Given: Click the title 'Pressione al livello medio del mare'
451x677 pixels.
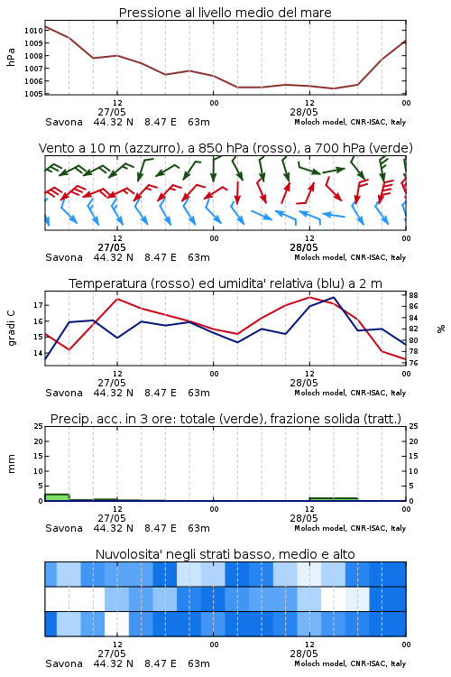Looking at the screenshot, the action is coord(225,13).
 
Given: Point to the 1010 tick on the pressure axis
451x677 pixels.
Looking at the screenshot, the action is coord(33,31).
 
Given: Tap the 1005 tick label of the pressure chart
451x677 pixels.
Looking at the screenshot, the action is coord(33,94).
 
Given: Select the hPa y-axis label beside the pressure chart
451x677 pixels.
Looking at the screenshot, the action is coord(11,57).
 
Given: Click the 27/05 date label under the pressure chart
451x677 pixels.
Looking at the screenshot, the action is coord(112,112).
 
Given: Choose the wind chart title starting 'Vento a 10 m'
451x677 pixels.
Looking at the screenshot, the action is coord(225,148).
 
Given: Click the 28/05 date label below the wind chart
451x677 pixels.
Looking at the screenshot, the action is coord(304,248).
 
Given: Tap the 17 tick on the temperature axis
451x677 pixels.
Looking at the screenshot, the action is coord(38,305).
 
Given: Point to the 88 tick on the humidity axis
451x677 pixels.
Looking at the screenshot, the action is coord(413,295).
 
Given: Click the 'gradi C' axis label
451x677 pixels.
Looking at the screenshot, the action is coord(12,329).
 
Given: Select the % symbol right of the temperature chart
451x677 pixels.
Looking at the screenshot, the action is coord(441,329).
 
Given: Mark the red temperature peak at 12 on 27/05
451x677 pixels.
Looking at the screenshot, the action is coord(117,299).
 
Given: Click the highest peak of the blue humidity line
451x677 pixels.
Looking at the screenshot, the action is coord(334,297).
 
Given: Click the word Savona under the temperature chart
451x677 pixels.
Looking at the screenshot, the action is coord(64,393).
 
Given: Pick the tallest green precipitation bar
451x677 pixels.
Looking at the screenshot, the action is coord(57,497).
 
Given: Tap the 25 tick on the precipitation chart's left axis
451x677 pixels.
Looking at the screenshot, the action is coord(39,426).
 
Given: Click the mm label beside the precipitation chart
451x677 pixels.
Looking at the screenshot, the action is coord(12,464).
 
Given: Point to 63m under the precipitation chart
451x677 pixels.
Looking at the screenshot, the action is coord(198,528).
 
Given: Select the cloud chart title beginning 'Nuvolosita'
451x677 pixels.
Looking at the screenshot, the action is coord(225,554).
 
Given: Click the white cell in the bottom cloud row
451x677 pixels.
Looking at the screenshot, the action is coord(117,624).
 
